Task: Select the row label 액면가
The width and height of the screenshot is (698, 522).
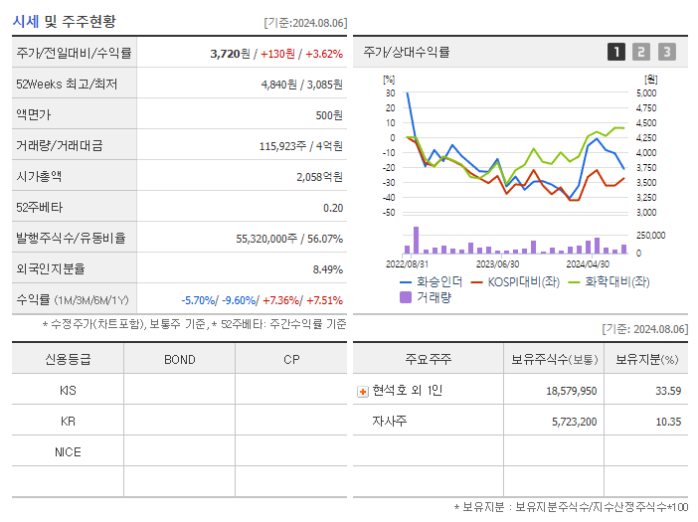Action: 37,115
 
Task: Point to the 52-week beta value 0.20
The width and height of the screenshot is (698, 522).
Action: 333,208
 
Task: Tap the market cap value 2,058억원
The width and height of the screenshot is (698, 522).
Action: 319,177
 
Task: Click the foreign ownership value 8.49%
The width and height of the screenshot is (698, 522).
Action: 327,269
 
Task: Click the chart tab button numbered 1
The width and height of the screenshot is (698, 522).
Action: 616,52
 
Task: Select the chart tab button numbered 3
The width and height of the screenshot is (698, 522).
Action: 666,52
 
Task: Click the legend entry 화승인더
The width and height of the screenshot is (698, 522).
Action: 431,281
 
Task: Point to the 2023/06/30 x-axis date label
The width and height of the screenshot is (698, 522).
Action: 498,264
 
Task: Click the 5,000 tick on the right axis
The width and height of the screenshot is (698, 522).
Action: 645,92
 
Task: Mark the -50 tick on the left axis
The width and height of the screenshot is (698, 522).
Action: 389,213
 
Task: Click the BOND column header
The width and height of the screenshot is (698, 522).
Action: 179,359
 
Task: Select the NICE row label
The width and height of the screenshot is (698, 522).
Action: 68,451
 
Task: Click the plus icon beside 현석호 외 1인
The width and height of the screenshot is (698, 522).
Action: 363,391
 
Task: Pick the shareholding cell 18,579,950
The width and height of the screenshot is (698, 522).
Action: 571,391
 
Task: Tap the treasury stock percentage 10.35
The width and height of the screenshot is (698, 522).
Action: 668,422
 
